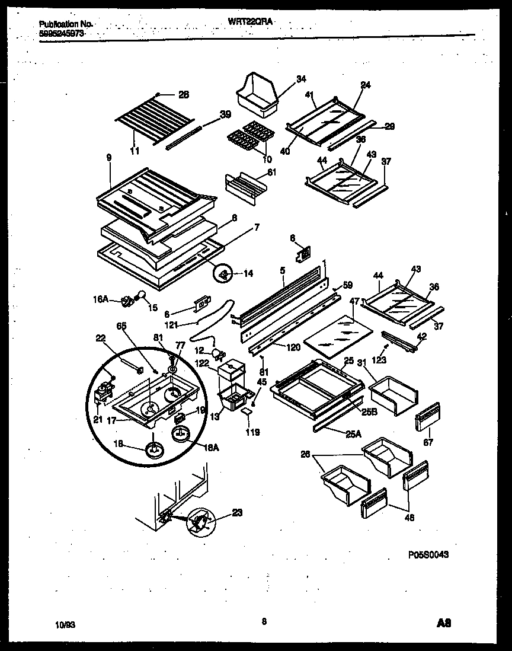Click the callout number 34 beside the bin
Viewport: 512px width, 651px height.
click(x=301, y=79)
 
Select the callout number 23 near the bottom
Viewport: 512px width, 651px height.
click(x=237, y=513)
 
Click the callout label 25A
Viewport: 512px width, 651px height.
click(x=353, y=434)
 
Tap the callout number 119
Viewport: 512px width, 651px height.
click(x=253, y=432)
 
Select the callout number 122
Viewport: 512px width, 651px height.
click(x=201, y=363)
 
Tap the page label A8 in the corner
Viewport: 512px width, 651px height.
click(x=445, y=624)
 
